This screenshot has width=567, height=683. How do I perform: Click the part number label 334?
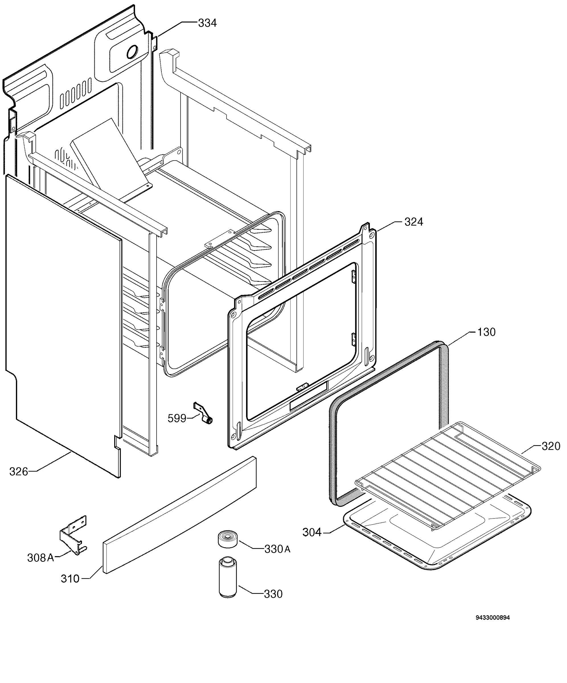tap(207, 23)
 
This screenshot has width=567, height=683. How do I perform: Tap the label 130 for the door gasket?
tap(486, 332)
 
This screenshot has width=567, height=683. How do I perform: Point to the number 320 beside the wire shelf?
tap(551, 446)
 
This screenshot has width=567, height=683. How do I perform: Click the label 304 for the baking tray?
tap(312, 532)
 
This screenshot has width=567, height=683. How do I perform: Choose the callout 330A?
tap(277, 549)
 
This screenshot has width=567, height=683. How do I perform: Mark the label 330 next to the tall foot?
tap(273, 594)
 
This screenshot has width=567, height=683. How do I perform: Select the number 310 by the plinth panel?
tap(70, 579)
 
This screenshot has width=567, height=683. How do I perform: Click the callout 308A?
tap(40, 558)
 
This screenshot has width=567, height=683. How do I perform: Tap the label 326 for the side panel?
tap(19, 471)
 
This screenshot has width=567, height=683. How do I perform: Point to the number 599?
tap(177, 418)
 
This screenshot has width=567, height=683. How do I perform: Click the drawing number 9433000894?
tap(493, 618)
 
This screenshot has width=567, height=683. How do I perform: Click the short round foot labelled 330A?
tap(228, 539)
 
